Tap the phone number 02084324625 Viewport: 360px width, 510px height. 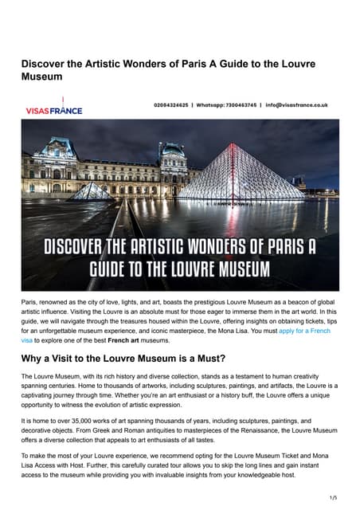[171, 104]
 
